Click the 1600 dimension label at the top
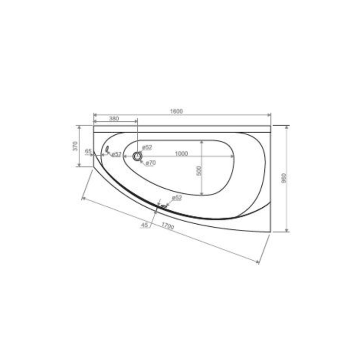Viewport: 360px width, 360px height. [x=176, y=112]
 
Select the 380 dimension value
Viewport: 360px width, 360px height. [x=114, y=119]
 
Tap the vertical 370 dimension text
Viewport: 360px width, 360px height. [x=75, y=146]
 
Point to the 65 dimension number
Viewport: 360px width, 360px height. [x=88, y=151]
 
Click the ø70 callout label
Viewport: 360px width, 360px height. [x=151, y=163]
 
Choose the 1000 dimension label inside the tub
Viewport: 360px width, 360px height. [x=182, y=154]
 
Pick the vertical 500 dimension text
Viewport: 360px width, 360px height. [x=199, y=171]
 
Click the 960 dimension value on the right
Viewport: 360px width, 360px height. [x=284, y=178]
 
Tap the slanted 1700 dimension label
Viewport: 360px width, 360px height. [x=168, y=226]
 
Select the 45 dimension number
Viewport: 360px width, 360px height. [x=145, y=225]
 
